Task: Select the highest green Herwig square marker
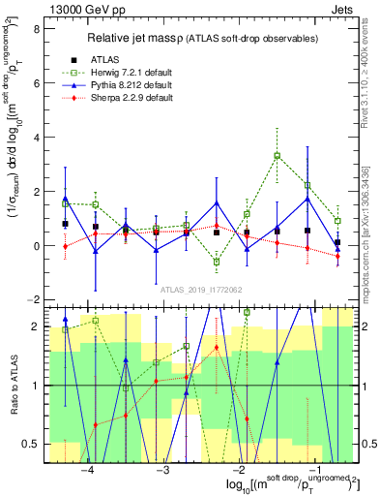click(277, 155)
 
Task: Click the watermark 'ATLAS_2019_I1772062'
click(200, 290)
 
